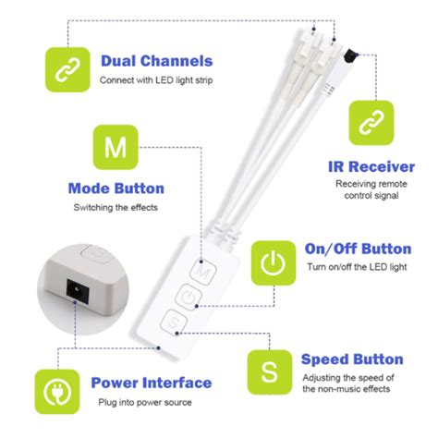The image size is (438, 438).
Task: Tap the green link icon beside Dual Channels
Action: pos(67,70)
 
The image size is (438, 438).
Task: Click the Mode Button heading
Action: pos(116,189)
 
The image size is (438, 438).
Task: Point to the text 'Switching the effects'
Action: pos(116,208)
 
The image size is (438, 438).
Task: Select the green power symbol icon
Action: pos(273,262)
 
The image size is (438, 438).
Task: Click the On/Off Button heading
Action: pos(359,249)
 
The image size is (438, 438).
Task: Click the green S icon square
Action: pos(269,372)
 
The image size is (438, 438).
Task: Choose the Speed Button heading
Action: pos(352,359)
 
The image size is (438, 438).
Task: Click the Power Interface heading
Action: pos(151,383)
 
